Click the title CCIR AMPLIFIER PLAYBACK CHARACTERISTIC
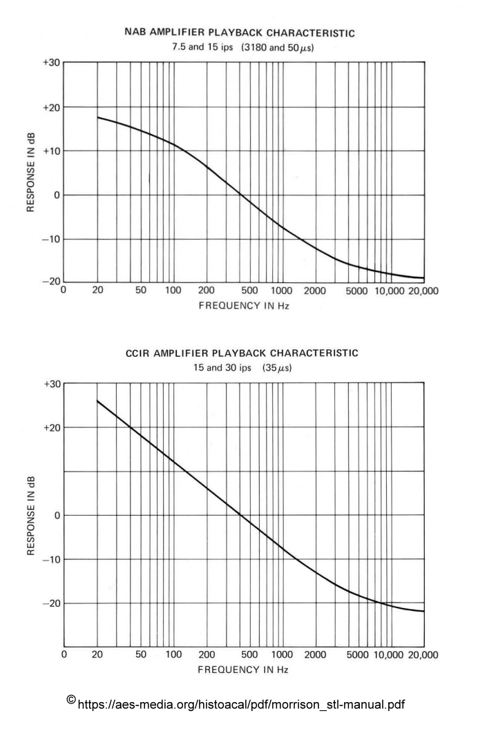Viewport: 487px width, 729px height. point(242,353)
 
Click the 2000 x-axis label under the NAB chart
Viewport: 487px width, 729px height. point(315,291)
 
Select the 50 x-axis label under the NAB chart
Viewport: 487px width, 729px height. point(140,291)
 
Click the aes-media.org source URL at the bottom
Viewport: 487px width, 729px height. point(242,705)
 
